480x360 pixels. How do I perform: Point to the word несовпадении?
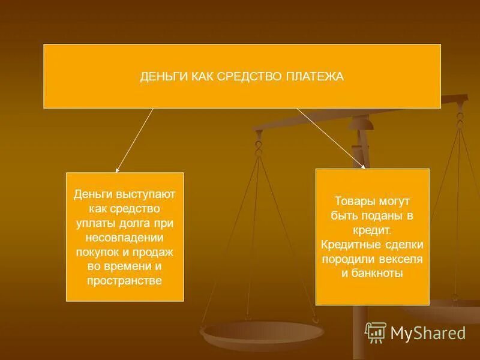(x=125, y=236)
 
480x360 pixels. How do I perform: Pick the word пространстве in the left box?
(x=125, y=280)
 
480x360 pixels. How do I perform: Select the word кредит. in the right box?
(x=372, y=230)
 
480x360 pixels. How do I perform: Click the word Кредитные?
(x=348, y=244)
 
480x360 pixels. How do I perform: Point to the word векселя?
(x=404, y=259)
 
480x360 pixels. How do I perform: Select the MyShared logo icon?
(x=376, y=332)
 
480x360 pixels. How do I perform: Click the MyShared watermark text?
(x=428, y=332)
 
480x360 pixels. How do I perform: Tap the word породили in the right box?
(x=348, y=259)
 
